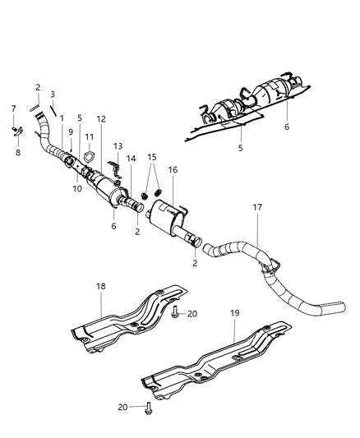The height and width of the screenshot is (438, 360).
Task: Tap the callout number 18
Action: click(100, 287)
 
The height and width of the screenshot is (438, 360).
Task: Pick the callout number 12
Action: click(99, 120)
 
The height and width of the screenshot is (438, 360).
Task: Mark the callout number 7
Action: click(13, 108)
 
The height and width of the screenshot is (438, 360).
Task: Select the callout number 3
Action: click(52, 95)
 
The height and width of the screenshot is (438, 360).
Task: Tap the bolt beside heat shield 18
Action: click(176, 309)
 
